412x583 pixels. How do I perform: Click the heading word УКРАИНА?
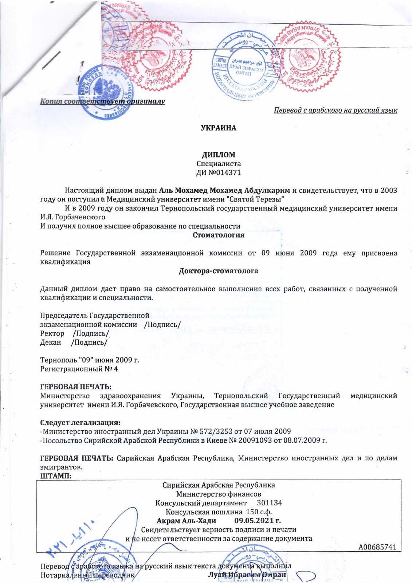tap(219, 128)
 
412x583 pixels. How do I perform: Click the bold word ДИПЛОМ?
tap(219, 154)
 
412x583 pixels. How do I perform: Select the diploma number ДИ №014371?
tap(219, 172)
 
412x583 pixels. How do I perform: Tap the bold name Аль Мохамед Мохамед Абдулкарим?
tap(225, 190)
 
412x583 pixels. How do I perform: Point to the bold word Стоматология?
tap(219, 235)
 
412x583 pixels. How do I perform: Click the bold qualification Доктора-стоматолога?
tap(219, 271)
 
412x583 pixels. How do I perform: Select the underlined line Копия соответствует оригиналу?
tap(103, 101)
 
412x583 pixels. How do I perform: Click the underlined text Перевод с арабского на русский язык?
tap(336, 110)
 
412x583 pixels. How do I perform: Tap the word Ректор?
tap(52, 333)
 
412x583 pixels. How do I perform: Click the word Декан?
tap(51, 342)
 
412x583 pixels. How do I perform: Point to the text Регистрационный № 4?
tap(79, 369)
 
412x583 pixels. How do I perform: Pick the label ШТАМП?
tap(55, 476)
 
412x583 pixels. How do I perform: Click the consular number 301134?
tap(269, 503)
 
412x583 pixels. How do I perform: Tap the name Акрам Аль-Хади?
tap(186, 520)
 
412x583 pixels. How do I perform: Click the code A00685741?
tap(377, 547)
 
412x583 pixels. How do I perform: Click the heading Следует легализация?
tap(80, 423)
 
